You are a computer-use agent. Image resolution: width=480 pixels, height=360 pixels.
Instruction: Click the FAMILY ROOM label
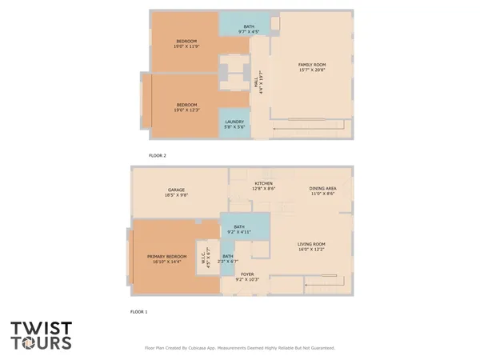pos(310,64)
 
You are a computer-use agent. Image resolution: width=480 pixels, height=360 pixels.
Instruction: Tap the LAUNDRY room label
pos(234,122)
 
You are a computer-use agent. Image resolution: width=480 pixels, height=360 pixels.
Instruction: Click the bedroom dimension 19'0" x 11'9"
pos(186,46)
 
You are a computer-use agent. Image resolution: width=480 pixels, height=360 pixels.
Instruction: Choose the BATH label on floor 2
pos(249,27)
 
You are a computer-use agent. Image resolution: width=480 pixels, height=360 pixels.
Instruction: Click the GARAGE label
pos(177,190)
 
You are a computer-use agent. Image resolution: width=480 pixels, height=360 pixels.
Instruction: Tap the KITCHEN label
pos(265,183)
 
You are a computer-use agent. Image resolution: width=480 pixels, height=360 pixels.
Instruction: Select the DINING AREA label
pos(323,189)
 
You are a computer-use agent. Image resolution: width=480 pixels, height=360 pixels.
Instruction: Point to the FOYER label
pos(248,274)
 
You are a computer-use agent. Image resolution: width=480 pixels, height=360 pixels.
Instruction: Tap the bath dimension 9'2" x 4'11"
pos(238,232)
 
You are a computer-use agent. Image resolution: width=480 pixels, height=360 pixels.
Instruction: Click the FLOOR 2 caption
pos(158,155)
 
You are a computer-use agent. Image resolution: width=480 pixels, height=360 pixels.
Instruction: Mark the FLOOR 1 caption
pos(139,311)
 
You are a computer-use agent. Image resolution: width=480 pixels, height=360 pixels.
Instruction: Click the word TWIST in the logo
pos(41,329)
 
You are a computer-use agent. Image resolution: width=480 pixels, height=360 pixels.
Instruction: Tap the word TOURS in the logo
pos(41,344)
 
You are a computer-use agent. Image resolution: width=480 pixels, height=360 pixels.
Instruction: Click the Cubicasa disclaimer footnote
pos(239,348)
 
